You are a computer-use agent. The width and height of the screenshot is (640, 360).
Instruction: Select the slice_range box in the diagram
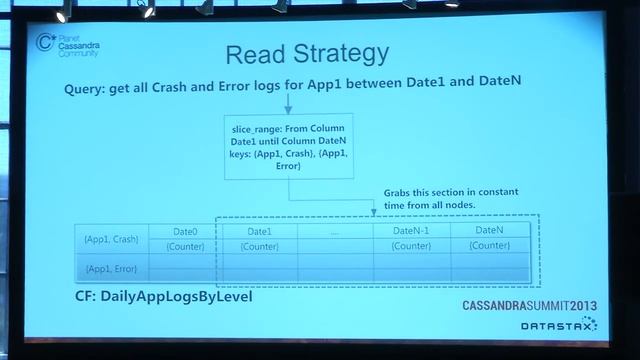(288, 148)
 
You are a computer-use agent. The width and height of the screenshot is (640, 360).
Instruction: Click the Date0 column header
(186, 231)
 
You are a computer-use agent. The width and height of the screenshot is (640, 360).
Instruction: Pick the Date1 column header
(260, 231)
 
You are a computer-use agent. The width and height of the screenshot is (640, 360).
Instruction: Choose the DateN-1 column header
(410, 231)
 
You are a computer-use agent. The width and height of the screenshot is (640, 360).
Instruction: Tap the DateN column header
(489, 231)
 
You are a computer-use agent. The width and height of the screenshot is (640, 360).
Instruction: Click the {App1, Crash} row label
(111, 239)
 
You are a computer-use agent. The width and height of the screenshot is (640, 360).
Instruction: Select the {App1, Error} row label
(111, 268)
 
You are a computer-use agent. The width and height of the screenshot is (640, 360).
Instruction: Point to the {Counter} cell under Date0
(186, 246)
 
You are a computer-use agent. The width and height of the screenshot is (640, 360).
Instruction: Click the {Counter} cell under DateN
(489, 245)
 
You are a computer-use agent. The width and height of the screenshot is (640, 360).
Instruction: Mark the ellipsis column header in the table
(334, 232)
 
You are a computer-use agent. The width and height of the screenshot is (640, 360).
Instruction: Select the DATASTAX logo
(553, 324)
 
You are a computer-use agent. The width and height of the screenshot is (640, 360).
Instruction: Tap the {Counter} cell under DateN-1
(410, 245)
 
